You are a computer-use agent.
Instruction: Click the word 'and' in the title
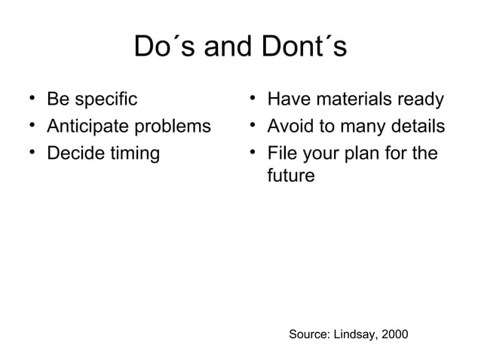pyautogui.click(x=225, y=47)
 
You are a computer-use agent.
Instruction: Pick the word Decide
pyautogui.click(x=75, y=154)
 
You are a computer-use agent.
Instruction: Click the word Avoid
pyautogui.click(x=291, y=127)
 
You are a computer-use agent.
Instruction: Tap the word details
pyautogui.click(x=415, y=127)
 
